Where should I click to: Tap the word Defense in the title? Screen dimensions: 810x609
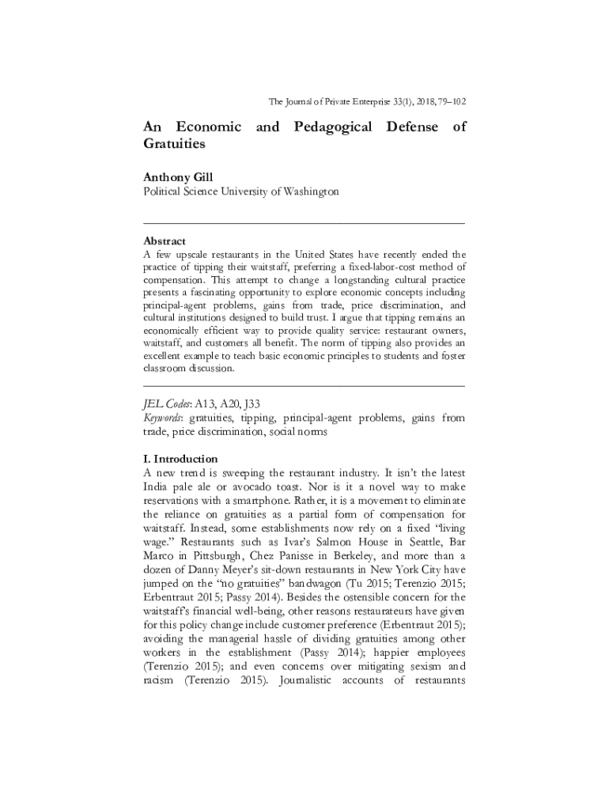click(x=412, y=127)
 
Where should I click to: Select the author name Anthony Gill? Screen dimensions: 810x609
click(x=178, y=177)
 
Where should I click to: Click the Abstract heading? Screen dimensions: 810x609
click(x=165, y=240)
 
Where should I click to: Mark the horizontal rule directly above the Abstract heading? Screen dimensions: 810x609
click(x=304, y=225)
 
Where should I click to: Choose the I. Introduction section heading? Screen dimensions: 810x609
click(x=180, y=459)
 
